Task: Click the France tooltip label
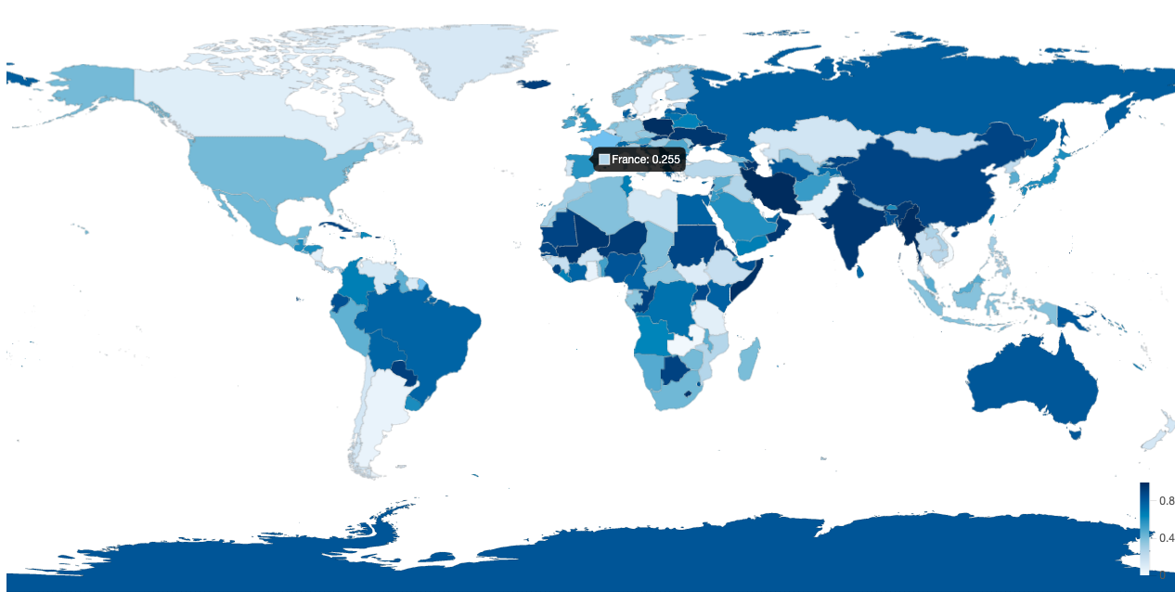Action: (645, 160)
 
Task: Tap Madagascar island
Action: (750, 360)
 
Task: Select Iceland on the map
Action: (533, 84)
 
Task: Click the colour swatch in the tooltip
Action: (604, 160)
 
